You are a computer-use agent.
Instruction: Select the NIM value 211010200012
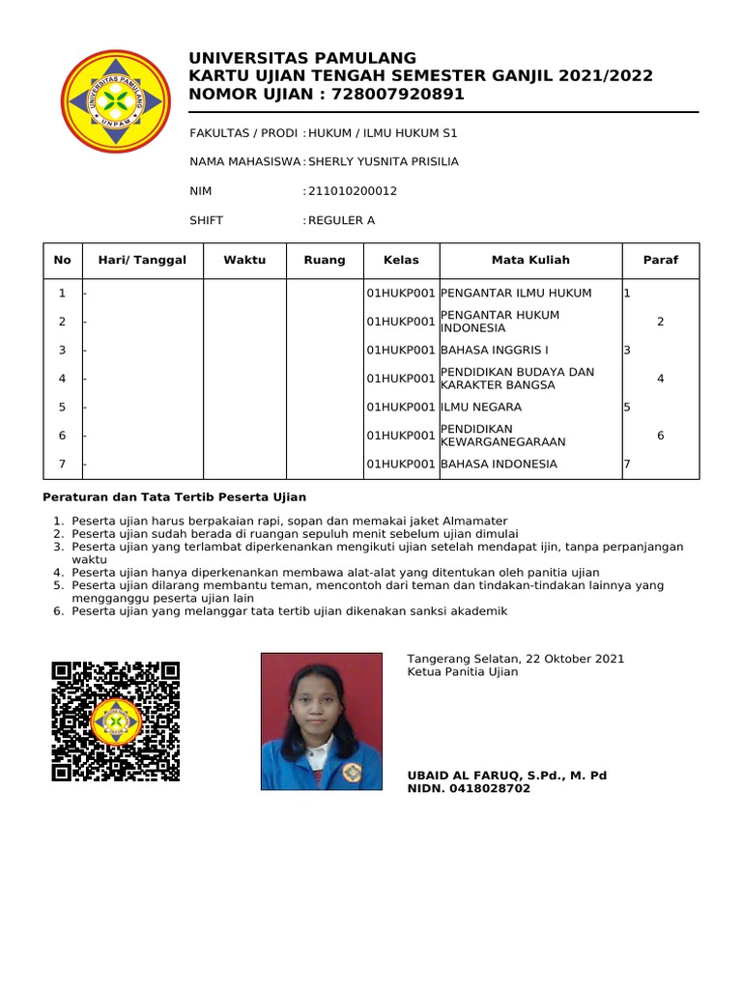[x=353, y=191]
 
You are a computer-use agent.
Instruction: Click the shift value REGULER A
[x=341, y=220]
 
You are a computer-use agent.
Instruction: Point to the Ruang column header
[x=324, y=260]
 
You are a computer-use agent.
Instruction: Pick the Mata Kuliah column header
[x=530, y=260]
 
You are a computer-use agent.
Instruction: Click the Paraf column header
[x=661, y=260]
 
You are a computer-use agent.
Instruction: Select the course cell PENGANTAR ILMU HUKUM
[x=516, y=293]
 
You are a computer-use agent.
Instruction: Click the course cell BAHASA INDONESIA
[x=499, y=464]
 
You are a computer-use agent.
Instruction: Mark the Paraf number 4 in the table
[x=661, y=379]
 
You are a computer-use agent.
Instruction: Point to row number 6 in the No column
[x=62, y=436]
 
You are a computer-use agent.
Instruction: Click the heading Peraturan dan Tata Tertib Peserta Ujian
[x=174, y=497]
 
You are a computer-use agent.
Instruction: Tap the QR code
[x=116, y=721]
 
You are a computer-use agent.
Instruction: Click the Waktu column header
[x=244, y=260]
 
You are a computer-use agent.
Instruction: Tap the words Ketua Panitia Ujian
[x=463, y=671]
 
